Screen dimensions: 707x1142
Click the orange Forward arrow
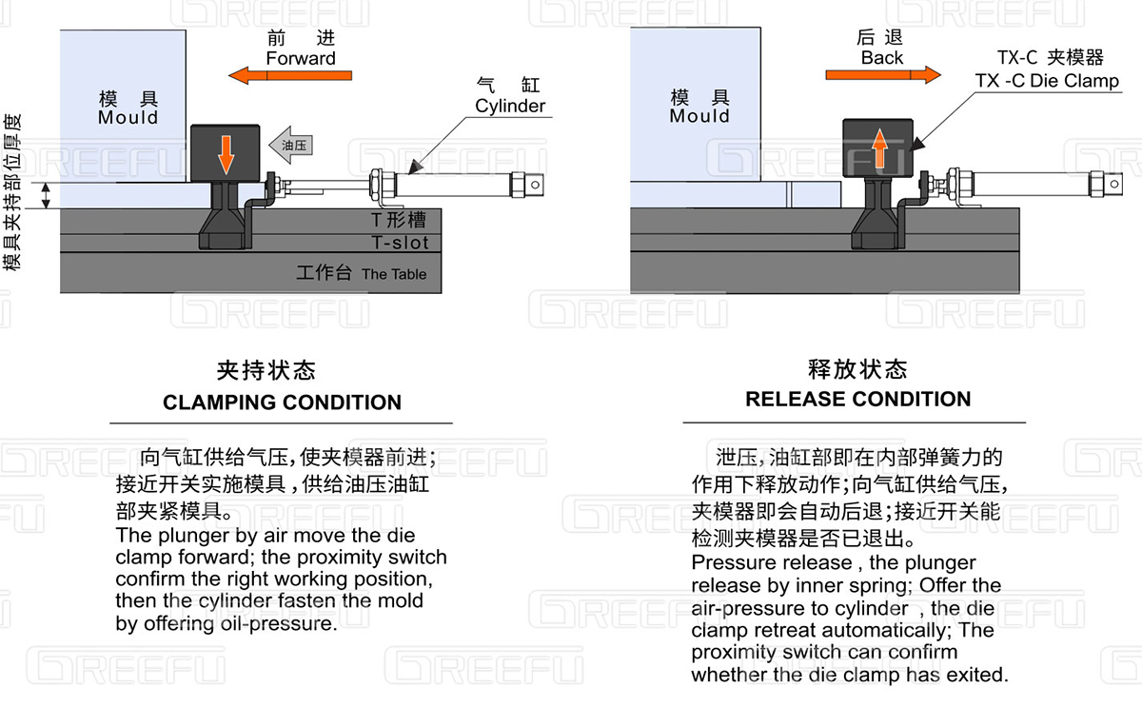290,75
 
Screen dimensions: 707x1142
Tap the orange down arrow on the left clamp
226,154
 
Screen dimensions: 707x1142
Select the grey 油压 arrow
290,145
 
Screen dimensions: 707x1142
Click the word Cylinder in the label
510,106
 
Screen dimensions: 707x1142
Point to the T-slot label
400,243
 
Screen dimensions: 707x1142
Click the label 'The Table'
394,274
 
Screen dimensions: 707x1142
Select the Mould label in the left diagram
128,118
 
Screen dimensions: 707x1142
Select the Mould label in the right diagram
699,116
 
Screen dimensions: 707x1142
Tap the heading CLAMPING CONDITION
282,403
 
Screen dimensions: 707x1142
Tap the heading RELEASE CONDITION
857,399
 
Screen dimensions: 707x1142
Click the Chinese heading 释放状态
857,368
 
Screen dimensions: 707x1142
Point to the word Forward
301,58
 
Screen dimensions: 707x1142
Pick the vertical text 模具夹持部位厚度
11,194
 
